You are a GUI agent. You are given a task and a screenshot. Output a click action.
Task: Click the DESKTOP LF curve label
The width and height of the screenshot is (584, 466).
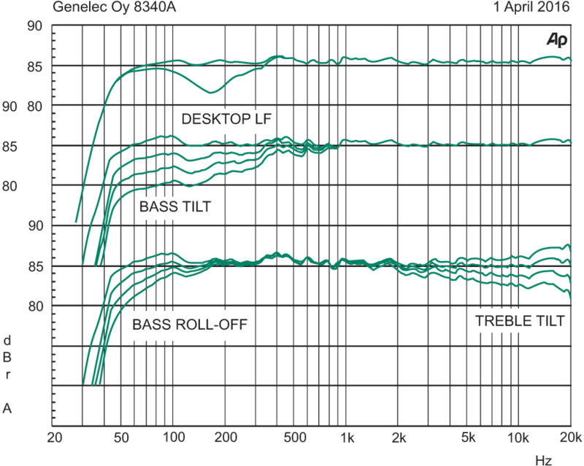click(226, 118)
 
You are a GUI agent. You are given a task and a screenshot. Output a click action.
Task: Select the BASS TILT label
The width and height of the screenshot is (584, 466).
click(174, 207)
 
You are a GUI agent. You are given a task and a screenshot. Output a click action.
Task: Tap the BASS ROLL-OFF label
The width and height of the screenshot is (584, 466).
click(190, 325)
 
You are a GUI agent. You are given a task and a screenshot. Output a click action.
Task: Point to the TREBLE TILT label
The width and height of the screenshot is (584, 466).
click(520, 321)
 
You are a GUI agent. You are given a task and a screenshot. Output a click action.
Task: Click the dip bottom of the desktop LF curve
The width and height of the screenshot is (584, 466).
click(212, 93)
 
